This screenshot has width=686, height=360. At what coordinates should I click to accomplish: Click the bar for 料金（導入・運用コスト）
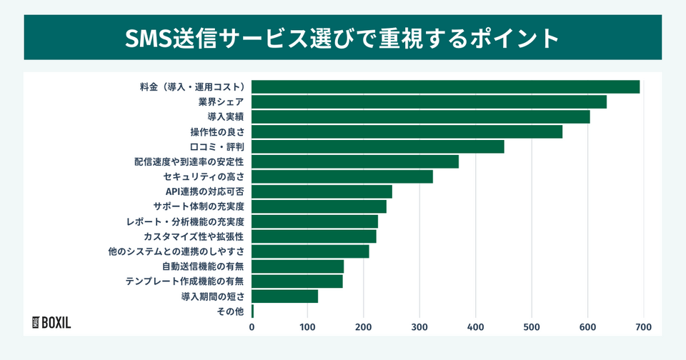(445, 86)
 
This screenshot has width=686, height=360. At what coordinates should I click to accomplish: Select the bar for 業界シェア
(429, 101)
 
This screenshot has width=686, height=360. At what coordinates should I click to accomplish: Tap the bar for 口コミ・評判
(377, 146)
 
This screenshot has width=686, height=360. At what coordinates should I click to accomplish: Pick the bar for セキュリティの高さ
(342, 176)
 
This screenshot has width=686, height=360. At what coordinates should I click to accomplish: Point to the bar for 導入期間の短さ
(284, 296)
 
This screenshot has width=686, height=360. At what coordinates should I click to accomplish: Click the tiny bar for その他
(252, 311)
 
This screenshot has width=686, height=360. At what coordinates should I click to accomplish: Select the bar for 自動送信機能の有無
(297, 266)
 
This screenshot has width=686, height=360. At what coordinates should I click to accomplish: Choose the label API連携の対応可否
(205, 191)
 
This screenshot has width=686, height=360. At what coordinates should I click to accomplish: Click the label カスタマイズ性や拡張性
(194, 236)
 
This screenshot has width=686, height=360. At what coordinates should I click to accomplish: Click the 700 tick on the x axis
(643, 327)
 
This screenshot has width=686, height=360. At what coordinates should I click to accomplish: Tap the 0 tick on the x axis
(252, 327)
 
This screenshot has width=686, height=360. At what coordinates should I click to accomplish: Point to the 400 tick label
(475, 327)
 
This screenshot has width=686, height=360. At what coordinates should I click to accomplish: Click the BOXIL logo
(52, 322)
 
